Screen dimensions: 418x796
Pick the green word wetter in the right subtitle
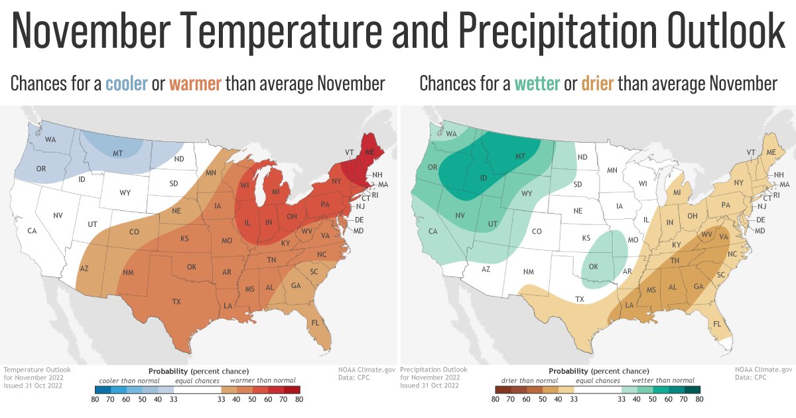click(537, 84)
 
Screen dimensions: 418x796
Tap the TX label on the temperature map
click(176, 302)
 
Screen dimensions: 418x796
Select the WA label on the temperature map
click(50, 140)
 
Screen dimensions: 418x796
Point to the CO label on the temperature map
click(134, 232)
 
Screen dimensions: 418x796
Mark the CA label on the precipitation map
click(432, 231)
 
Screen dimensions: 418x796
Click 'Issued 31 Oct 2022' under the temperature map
click(33, 385)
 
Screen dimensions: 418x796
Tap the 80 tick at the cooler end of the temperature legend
click(96, 399)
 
